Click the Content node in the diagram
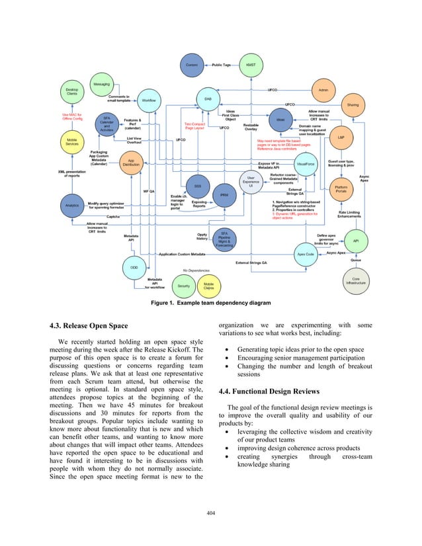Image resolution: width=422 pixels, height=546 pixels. point(192,65)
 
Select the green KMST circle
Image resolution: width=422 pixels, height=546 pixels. point(251,65)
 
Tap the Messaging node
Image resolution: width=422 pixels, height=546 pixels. point(101,85)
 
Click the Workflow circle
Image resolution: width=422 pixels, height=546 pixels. point(149,100)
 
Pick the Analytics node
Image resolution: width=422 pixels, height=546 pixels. point(71,206)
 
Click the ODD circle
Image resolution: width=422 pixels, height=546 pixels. point(134,267)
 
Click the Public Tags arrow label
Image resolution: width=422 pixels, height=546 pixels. point(222,65)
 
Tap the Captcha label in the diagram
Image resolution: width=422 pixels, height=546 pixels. point(113,217)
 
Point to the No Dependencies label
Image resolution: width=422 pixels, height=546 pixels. point(196,271)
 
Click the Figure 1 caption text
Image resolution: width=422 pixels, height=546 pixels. point(211,303)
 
